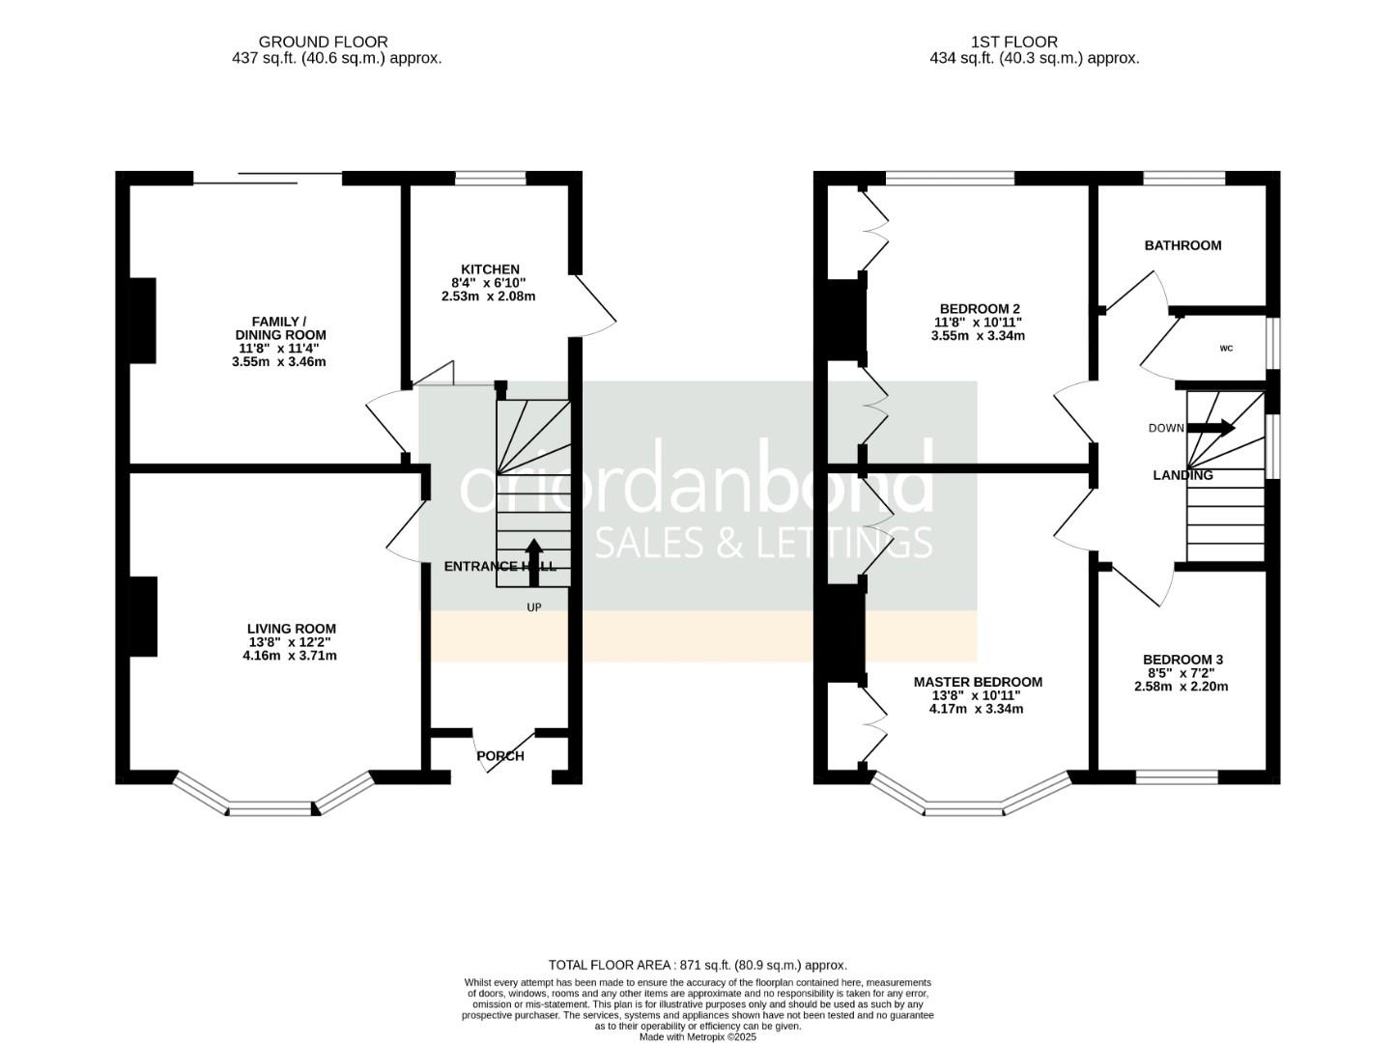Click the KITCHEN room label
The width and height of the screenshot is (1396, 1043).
[x=490, y=269]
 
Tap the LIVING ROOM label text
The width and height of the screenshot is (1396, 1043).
[x=291, y=629]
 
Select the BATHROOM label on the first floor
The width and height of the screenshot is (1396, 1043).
[x=1182, y=245]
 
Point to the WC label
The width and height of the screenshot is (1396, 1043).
[x=1226, y=349]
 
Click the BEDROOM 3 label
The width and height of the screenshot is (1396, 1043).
[x=1183, y=660]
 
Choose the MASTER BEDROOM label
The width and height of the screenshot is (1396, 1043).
[x=978, y=682]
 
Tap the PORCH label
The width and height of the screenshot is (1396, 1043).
[x=500, y=756]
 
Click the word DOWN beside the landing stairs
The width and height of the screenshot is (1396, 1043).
[x=1166, y=428]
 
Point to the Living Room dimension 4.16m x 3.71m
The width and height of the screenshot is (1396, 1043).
[x=290, y=656]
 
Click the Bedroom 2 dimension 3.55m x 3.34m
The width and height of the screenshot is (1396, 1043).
[x=978, y=336]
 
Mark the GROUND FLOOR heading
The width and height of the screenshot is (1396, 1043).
[x=323, y=42]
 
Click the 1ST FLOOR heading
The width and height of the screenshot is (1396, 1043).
[x=1013, y=42]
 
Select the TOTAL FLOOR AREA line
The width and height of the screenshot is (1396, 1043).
[x=698, y=965]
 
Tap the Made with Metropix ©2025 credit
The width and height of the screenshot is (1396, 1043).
[x=698, y=1036]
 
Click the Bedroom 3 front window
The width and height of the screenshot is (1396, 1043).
[x=1177, y=776]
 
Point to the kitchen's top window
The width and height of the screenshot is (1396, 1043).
[x=490, y=178]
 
